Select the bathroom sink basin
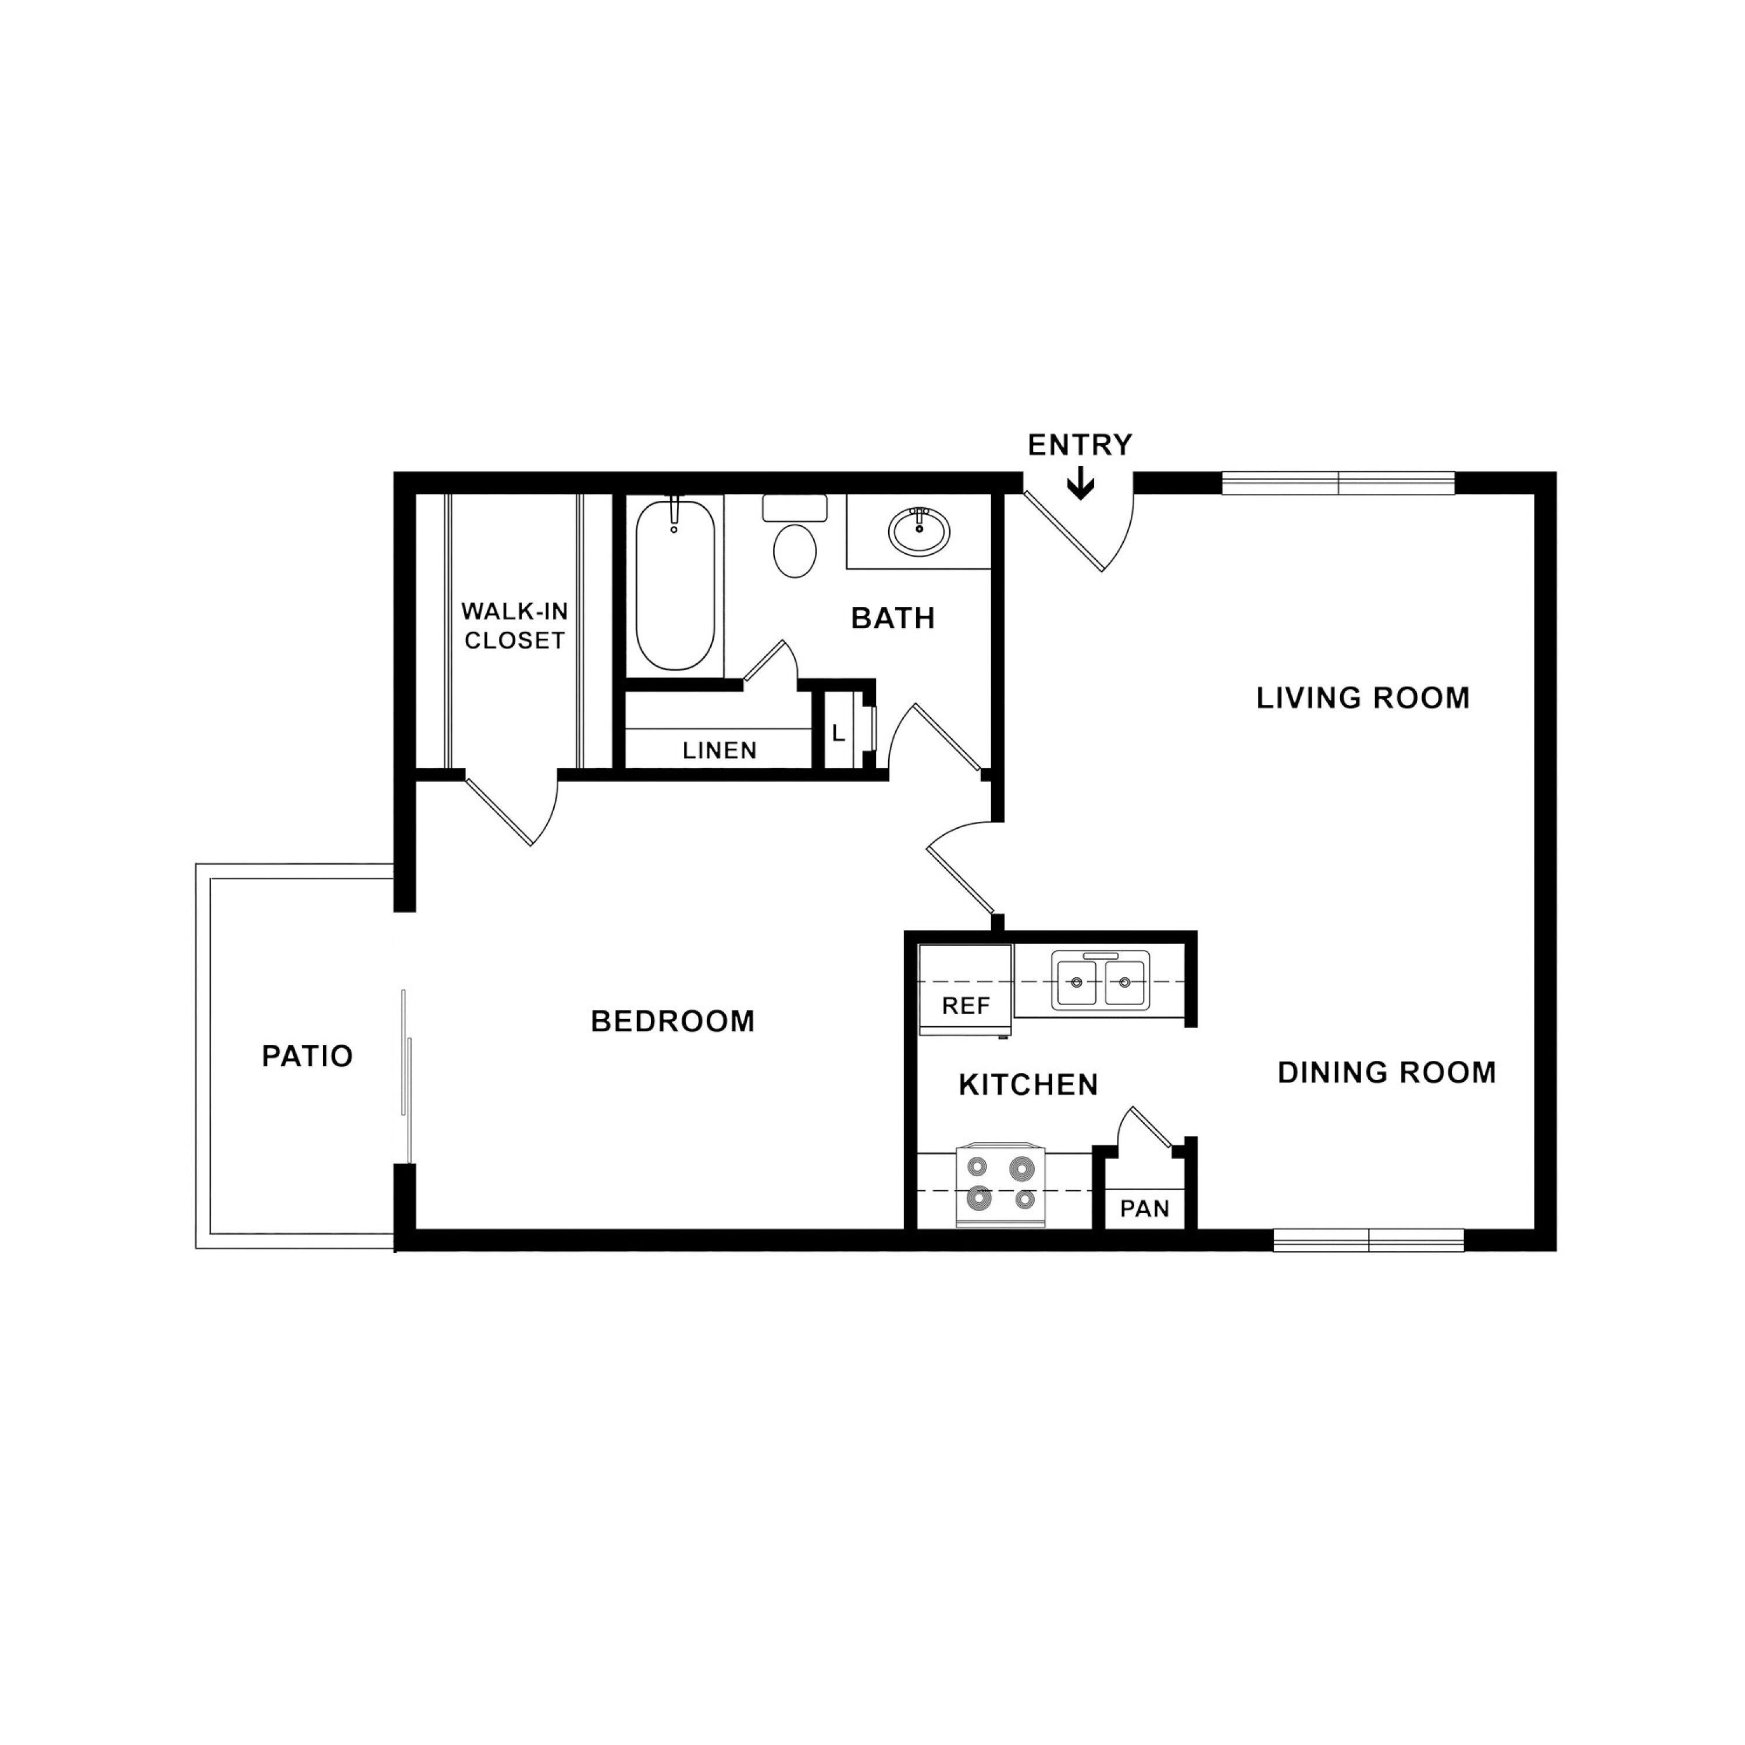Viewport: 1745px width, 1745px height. click(x=918, y=531)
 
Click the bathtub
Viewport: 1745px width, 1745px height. click(x=675, y=585)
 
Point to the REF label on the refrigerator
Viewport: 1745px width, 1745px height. click(x=966, y=1005)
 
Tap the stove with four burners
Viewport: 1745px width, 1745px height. click(x=1000, y=1186)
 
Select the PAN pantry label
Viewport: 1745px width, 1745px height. click(x=1144, y=1209)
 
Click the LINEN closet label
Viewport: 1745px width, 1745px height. click(x=720, y=750)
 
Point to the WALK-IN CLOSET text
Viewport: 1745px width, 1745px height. click(x=515, y=625)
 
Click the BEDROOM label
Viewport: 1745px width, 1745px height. click(x=673, y=1021)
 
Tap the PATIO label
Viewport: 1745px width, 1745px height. click(x=307, y=1056)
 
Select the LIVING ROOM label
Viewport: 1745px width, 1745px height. click(x=1363, y=698)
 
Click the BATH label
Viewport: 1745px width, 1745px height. click(x=893, y=619)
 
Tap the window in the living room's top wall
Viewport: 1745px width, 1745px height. click(x=1338, y=483)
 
